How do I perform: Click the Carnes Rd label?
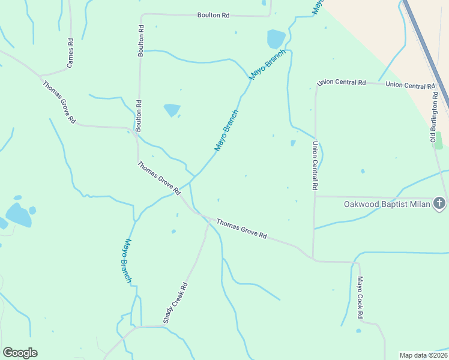[70, 53]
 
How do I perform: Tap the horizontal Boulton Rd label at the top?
[214, 15]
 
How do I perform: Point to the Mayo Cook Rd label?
[360, 297]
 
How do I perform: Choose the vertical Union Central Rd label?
[314, 166]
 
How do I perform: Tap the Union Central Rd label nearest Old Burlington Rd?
[411, 86]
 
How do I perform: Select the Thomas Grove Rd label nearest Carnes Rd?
[59, 102]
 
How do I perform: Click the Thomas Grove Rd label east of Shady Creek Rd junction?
[241, 229]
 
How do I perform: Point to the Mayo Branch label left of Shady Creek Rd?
[124, 261]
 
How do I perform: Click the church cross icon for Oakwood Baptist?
[439, 203]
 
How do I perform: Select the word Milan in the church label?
[420, 204]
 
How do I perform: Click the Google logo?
[20, 353]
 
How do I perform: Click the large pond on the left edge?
[17, 214]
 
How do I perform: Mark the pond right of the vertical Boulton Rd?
[172, 110]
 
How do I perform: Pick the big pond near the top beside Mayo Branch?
[276, 39]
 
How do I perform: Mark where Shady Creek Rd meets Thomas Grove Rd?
[208, 218]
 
